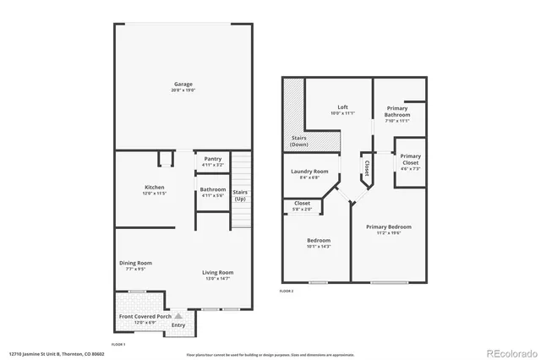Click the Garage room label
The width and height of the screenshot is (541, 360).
click(183, 84)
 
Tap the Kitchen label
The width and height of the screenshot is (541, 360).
click(154, 187)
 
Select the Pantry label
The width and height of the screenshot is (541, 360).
click(212, 159)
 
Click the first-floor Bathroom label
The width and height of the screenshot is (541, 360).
click(212, 189)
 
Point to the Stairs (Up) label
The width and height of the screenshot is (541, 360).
click(241, 195)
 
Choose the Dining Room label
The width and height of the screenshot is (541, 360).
click(135, 263)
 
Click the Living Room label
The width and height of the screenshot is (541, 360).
click(217, 272)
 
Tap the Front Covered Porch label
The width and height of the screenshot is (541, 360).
click(140, 317)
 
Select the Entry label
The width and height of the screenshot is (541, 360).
click(178, 325)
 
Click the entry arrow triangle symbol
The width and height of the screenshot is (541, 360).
click(178, 315)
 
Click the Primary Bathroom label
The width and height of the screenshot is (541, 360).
click(397, 112)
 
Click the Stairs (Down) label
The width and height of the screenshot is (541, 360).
click(299, 141)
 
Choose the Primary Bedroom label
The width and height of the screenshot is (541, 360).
click(389, 226)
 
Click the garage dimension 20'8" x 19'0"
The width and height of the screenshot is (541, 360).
click(183, 90)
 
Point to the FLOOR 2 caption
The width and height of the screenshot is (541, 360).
click(287, 291)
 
